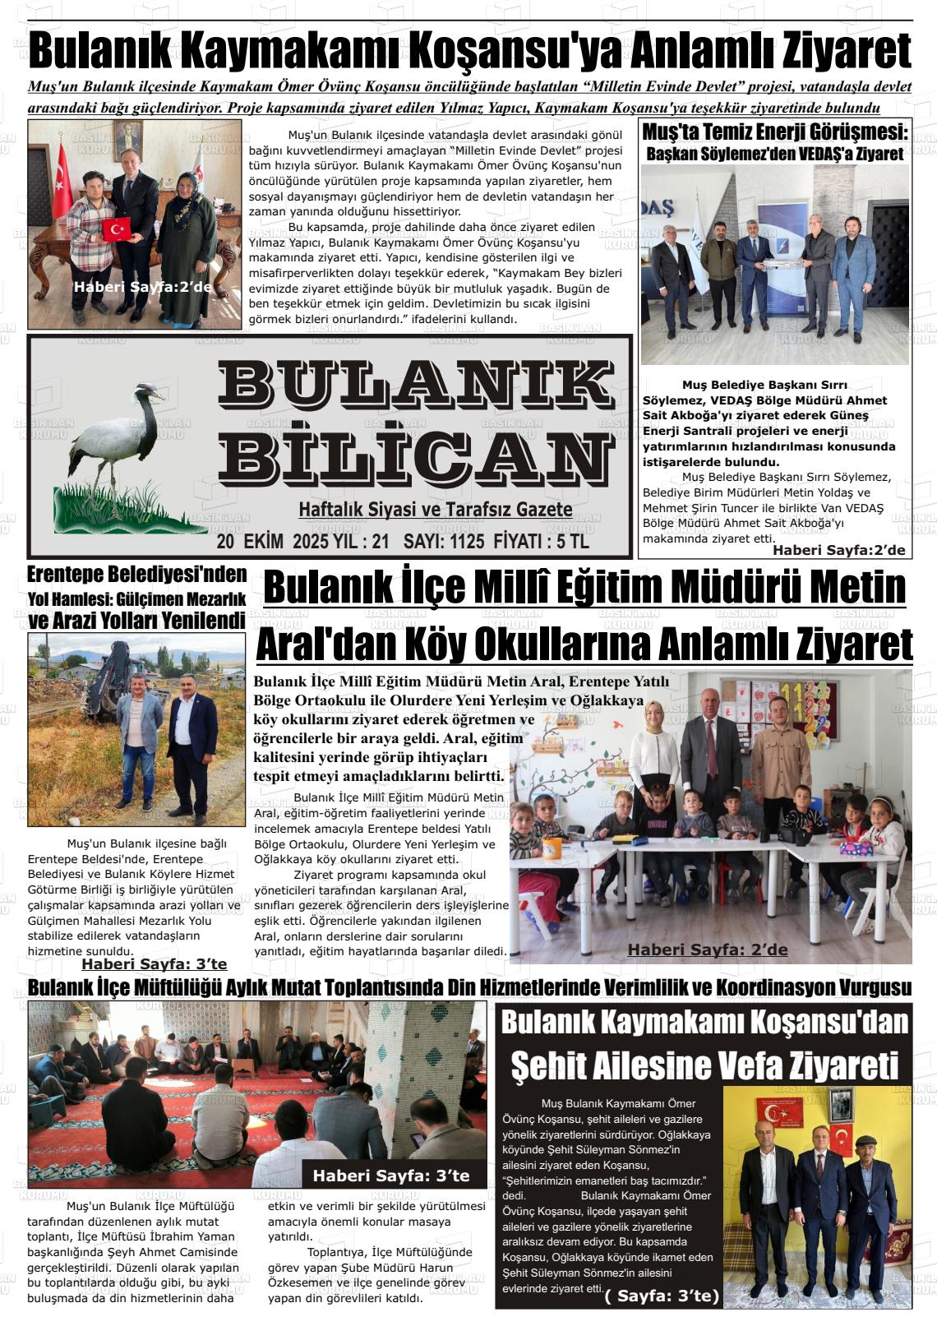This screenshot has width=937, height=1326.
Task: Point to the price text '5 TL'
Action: click(x=573, y=543)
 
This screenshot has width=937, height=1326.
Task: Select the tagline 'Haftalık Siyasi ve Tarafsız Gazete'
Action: click(x=436, y=511)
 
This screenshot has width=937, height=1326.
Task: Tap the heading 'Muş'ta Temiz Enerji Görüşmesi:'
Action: click(x=775, y=132)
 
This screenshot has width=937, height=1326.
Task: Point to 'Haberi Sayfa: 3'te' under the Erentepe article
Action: click(x=155, y=964)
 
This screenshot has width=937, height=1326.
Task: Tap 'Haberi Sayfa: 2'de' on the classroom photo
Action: click(x=708, y=950)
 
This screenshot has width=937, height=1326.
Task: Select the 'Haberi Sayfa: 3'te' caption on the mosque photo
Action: click(x=390, y=1176)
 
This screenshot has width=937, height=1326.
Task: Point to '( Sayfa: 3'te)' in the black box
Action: click(x=662, y=1296)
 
